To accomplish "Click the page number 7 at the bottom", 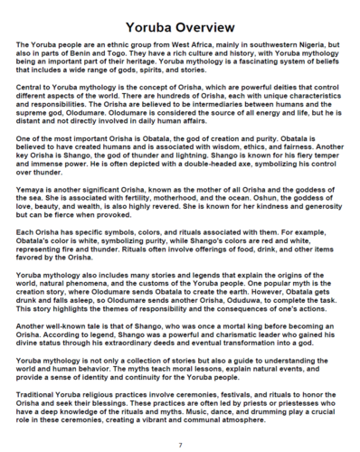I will pyautogui.click(x=180, y=444).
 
